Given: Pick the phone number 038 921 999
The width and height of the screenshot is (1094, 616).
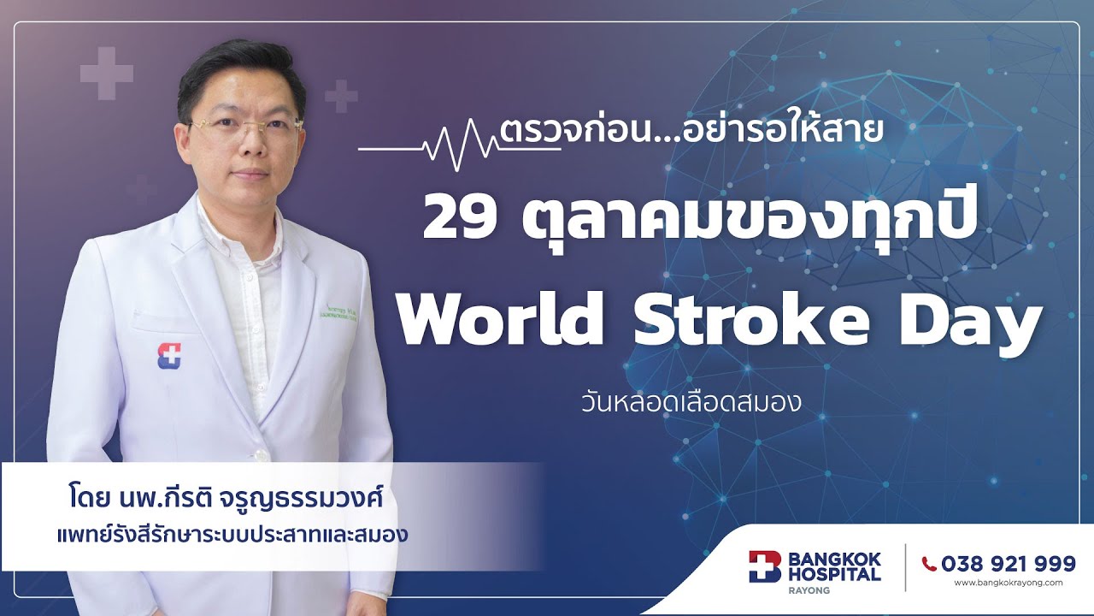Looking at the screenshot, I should (x=1008, y=564).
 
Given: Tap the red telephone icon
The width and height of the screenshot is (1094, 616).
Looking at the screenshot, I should (x=929, y=564).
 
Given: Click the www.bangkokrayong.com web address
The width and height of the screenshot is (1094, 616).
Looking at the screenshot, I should (x=1008, y=583).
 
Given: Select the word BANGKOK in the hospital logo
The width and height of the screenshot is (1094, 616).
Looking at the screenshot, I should (x=835, y=560).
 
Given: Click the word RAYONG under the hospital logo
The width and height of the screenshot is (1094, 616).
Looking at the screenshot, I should (x=809, y=590).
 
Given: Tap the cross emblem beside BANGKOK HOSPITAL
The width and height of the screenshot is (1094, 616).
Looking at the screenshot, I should (x=765, y=566).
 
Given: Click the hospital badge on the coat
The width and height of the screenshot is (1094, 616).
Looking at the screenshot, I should (x=169, y=355).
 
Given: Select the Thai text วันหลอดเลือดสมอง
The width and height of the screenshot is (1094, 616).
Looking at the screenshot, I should (x=690, y=402).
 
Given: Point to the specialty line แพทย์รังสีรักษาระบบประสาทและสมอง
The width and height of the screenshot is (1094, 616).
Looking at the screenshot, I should (x=229, y=536).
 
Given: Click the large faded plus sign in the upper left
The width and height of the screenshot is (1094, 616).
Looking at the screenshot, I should (x=107, y=73).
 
